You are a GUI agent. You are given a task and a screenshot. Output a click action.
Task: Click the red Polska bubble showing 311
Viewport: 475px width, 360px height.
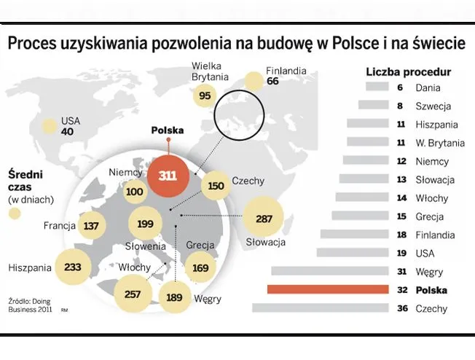(168, 176)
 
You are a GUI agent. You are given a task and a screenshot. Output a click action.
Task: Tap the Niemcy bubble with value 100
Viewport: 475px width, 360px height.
(134, 192)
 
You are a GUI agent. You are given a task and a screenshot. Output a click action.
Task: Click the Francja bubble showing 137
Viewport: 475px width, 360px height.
(91, 226)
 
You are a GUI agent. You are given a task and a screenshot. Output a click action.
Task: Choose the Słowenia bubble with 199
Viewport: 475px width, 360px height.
(146, 224)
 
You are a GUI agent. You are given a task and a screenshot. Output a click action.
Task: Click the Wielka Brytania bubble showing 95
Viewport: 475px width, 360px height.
(204, 95)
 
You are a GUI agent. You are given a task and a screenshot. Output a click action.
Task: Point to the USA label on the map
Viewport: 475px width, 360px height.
(71, 120)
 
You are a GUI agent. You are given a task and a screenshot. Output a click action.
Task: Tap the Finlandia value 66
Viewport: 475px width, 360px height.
(273, 82)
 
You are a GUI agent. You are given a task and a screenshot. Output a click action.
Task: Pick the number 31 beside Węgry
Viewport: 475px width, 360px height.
(401, 271)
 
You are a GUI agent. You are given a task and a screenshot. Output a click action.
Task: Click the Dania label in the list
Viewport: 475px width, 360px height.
(428, 87)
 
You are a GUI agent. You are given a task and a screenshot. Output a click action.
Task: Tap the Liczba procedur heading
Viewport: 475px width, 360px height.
(407, 71)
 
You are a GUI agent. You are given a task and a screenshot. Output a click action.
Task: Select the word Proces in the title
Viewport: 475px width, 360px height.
(34, 44)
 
